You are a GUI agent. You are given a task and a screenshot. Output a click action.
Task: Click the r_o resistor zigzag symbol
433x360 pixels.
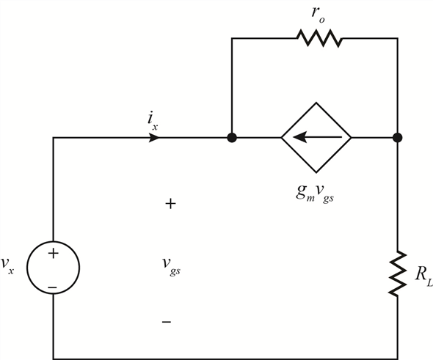click(x=319, y=38)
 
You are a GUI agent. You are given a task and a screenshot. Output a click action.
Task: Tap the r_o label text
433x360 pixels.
click(x=318, y=15)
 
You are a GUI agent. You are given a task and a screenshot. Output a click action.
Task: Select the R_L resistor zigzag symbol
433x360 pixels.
click(x=398, y=273)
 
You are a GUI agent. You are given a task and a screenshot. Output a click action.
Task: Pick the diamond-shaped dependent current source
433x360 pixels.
click(x=316, y=137)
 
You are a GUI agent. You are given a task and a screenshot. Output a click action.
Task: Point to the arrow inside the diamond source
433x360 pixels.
click(x=317, y=137)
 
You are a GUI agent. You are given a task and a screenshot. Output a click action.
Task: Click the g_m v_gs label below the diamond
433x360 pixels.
click(x=315, y=193)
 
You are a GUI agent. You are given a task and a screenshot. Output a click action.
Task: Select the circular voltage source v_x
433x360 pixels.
click(x=54, y=268)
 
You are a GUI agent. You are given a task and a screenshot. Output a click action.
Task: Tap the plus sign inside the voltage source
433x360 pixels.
click(x=54, y=253)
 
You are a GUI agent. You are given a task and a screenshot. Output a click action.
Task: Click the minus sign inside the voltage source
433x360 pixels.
click(x=52, y=287)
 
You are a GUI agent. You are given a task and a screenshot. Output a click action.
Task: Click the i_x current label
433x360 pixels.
click(x=153, y=122)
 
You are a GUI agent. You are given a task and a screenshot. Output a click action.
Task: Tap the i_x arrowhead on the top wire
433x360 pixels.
click(x=154, y=137)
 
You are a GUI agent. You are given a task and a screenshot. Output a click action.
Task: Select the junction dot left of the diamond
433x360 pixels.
click(x=232, y=137)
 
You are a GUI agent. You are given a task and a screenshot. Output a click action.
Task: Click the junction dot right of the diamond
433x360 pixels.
click(x=397, y=137)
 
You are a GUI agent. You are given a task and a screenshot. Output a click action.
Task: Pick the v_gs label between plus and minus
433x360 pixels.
click(x=171, y=265)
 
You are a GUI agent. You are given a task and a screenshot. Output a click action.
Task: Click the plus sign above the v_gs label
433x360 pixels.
click(x=170, y=204)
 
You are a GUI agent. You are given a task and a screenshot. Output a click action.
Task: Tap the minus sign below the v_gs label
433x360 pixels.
click(x=167, y=322)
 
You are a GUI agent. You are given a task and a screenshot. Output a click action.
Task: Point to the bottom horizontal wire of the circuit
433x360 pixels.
click(x=225, y=359)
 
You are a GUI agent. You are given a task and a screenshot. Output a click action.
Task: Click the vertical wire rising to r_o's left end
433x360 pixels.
click(x=232, y=87)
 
